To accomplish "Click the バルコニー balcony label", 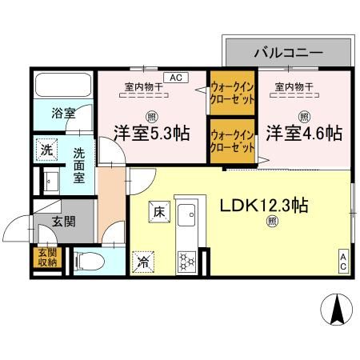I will (288, 53).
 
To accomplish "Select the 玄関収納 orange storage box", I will (44, 256).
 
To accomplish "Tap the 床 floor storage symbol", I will (158, 213).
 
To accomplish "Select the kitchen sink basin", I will (189, 217).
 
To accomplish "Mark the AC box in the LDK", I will (342, 260).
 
